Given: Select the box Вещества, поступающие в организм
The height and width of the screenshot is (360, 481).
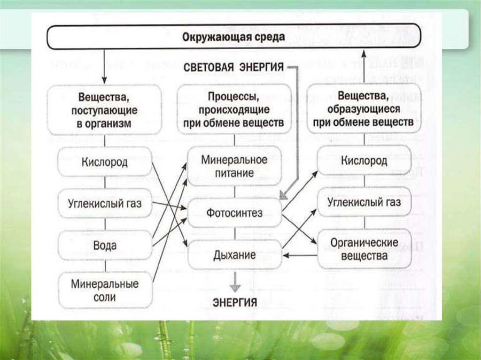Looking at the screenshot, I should coord(105,110).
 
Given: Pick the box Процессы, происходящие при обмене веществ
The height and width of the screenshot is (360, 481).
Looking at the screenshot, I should coord(234,110).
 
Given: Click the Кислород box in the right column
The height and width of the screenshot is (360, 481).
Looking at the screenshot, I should coord(364,161).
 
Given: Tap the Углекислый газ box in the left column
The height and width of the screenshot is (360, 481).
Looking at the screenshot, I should coord(105,204).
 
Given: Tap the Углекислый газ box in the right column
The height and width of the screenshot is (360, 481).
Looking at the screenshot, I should coord(364,202).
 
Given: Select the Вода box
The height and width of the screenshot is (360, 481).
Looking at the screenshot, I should coord(105,245).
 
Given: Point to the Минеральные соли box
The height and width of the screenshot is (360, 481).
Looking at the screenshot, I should coord(105,290).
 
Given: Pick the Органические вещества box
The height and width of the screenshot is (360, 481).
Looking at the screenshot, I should coord(364,249).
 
